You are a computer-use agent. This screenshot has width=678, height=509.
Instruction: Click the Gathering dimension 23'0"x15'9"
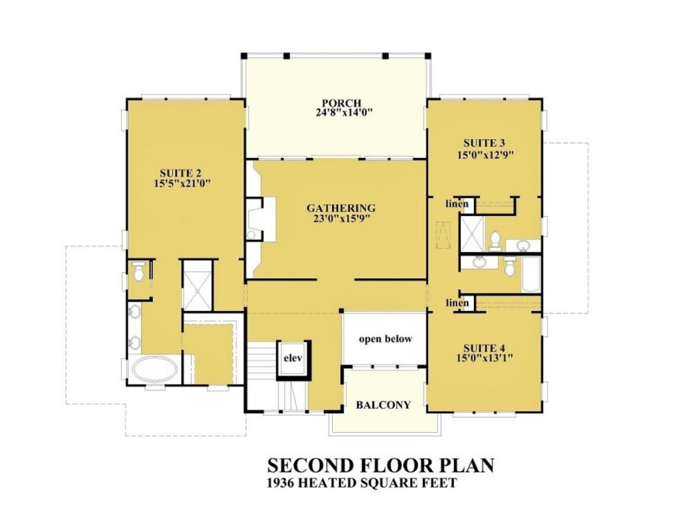pyautogui.click(x=341, y=218)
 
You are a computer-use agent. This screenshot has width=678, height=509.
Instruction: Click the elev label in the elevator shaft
pyautogui.click(x=293, y=358)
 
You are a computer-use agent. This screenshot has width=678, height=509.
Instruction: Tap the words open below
pyautogui.click(x=386, y=339)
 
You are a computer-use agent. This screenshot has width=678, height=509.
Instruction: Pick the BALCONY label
pyautogui.click(x=383, y=405)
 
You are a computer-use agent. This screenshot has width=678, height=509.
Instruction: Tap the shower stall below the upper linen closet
pyautogui.click(x=470, y=232)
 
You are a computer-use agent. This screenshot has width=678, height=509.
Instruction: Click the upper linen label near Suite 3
pyautogui.click(x=457, y=204)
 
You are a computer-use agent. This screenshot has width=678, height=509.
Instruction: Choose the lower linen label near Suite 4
pyautogui.click(x=457, y=303)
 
